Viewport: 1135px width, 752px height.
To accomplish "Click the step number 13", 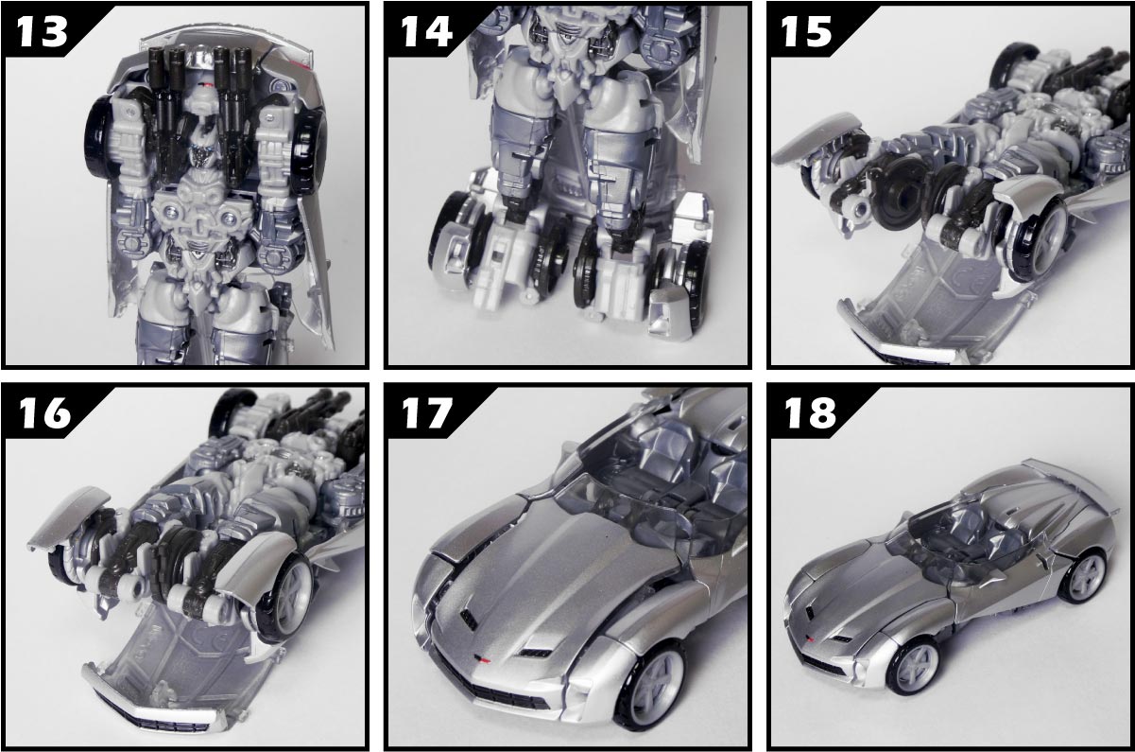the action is [x=43, y=30].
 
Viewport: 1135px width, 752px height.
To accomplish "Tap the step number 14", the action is [x=426, y=30].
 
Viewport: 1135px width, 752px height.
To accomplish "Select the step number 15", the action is [x=806, y=31].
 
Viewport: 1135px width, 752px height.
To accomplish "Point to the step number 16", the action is [x=44, y=412].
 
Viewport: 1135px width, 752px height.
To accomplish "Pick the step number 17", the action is [x=426, y=412].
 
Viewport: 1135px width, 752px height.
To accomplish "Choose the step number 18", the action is [x=809, y=412].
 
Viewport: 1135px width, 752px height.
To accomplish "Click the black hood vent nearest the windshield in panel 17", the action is [x=470, y=620].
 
